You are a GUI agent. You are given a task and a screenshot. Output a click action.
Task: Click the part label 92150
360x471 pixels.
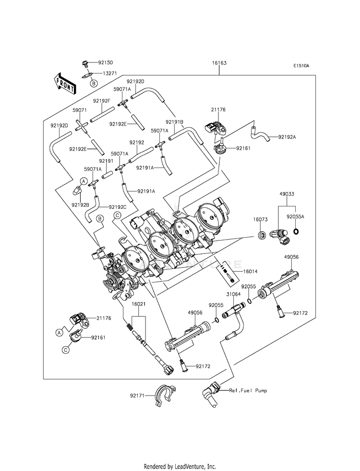[106, 62]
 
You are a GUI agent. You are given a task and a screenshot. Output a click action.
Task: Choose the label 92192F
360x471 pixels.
[102, 101]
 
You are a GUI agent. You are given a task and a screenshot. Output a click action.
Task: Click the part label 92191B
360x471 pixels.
[175, 122]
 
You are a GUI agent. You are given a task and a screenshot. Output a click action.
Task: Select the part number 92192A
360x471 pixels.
[288, 137]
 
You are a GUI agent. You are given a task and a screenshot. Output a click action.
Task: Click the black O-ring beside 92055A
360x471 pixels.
[297, 232]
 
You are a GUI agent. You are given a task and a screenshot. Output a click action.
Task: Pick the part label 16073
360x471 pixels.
[261, 219]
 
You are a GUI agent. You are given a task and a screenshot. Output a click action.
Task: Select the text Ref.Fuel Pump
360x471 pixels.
[248, 390]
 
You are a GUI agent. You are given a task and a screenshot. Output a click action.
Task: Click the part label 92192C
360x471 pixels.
[118, 207]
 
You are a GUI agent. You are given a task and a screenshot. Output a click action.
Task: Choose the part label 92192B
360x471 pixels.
[80, 205]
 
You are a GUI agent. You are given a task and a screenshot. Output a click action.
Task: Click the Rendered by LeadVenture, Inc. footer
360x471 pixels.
[180, 466]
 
